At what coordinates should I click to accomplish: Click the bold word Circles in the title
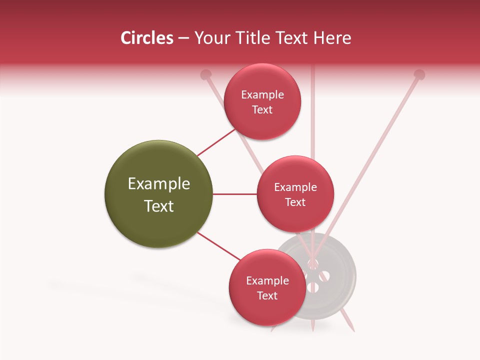146,38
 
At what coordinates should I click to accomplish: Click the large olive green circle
158,194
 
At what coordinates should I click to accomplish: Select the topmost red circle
262,101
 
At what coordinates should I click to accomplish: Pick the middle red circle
295,194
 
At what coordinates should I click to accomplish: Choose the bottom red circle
267,288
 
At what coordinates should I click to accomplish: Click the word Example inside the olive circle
158,184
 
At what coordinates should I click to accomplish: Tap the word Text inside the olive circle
158,206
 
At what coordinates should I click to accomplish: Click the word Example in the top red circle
262,94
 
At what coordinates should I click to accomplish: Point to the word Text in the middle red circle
295,202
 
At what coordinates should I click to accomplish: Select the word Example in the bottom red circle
267,280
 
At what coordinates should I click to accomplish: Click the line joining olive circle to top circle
216,142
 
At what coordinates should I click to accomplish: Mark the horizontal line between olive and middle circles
234,194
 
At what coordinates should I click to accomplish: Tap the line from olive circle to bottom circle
218,246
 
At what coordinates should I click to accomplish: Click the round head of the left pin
205,75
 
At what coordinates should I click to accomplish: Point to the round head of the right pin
419,75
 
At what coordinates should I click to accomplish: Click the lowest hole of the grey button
313,287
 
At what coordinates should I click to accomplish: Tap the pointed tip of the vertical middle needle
312,330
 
